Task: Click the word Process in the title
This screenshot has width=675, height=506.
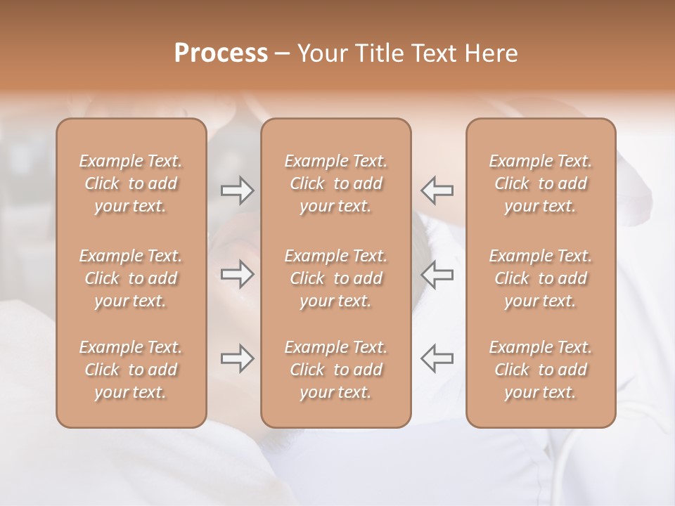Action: point(221,53)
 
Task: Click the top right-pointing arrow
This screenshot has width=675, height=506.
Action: point(237,190)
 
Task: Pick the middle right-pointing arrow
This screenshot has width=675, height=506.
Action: point(237,274)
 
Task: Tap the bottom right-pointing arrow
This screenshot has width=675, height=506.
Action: point(237,358)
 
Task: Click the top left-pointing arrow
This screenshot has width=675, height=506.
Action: point(437,190)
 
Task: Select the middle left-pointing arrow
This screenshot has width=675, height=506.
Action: point(437,274)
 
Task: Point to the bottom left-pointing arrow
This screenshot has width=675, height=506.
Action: point(437,358)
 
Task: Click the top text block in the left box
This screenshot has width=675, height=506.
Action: point(131,183)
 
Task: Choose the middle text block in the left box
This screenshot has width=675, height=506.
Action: point(131,278)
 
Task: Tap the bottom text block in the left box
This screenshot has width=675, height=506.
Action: point(131,370)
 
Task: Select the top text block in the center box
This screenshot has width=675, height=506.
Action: point(335,183)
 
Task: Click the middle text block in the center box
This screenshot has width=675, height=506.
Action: point(335,278)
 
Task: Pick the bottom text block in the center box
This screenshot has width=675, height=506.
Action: point(335,370)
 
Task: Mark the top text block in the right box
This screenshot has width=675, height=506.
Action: point(540,183)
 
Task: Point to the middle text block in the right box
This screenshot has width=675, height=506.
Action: point(540,278)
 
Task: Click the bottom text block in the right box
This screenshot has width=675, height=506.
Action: point(540,370)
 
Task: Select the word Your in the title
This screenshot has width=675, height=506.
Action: point(319,53)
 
